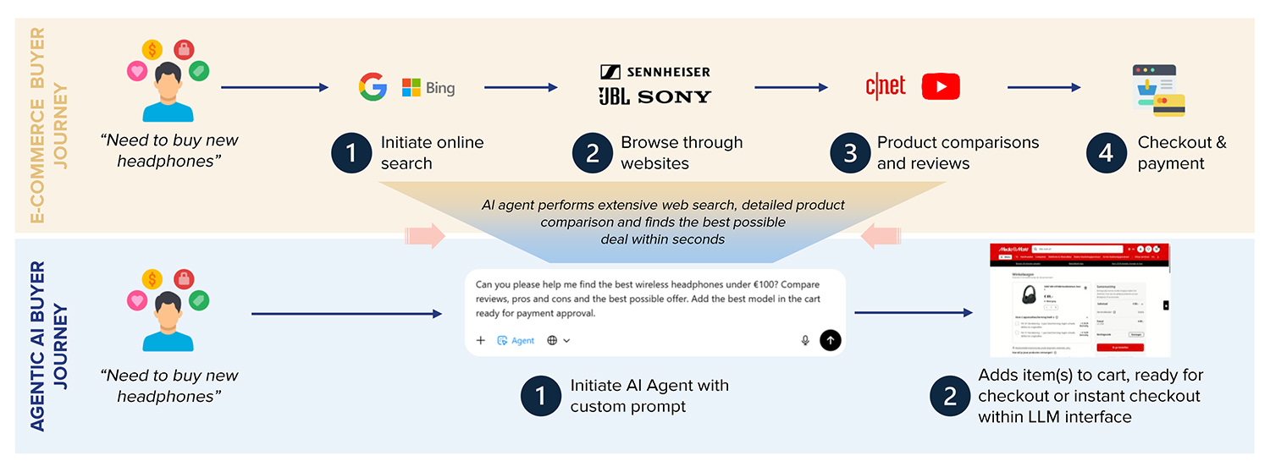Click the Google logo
click(x=373, y=87)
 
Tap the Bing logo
click(x=428, y=88)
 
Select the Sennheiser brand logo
click(x=655, y=72)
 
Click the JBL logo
click(x=614, y=96)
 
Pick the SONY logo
click(x=675, y=97)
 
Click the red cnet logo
click(x=886, y=85)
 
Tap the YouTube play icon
click(x=941, y=86)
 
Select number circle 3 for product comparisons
click(x=851, y=153)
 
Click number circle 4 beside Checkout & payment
click(x=1107, y=153)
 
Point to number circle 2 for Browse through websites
click(x=594, y=153)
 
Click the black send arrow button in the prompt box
click(x=831, y=340)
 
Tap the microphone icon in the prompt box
click(x=805, y=340)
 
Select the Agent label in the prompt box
click(x=516, y=340)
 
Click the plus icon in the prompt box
click(x=481, y=340)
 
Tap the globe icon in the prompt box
click(x=552, y=340)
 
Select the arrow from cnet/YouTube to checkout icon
click(x=1044, y=87)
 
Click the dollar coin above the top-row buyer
click(x=152, y=50)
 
